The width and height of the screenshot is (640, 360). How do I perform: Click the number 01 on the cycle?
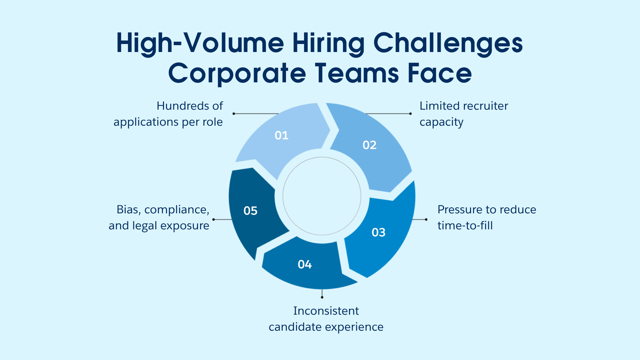[x=281, y=135]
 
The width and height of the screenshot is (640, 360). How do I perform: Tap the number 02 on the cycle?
[x=369, y=145]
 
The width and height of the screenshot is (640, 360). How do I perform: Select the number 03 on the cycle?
[x=378, y=232]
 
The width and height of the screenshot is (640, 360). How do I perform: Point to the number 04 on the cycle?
[x=304, y=264]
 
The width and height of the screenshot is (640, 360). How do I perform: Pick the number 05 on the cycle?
[x=250, y=211]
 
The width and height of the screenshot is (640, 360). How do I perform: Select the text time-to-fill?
[x=465, y=226]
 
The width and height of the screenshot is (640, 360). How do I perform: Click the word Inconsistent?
[x=326, y=311]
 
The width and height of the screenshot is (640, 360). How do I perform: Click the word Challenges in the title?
[x=448, y=43]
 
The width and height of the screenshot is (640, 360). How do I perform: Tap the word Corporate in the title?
[x=237, y=73]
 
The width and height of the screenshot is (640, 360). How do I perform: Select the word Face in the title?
[x=439, y=73]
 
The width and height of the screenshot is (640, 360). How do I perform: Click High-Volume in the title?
[x=200, y=43]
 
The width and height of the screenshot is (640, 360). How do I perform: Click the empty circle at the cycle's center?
[x=322, y=196]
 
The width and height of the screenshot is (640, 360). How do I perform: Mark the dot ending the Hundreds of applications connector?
[x=234, y=114]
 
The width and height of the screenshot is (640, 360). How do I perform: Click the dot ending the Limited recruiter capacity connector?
[x=410, y=114]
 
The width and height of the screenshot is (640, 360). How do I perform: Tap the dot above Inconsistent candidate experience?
[x=322, y=297]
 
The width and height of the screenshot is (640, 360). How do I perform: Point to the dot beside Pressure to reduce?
[x=426, y=219]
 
